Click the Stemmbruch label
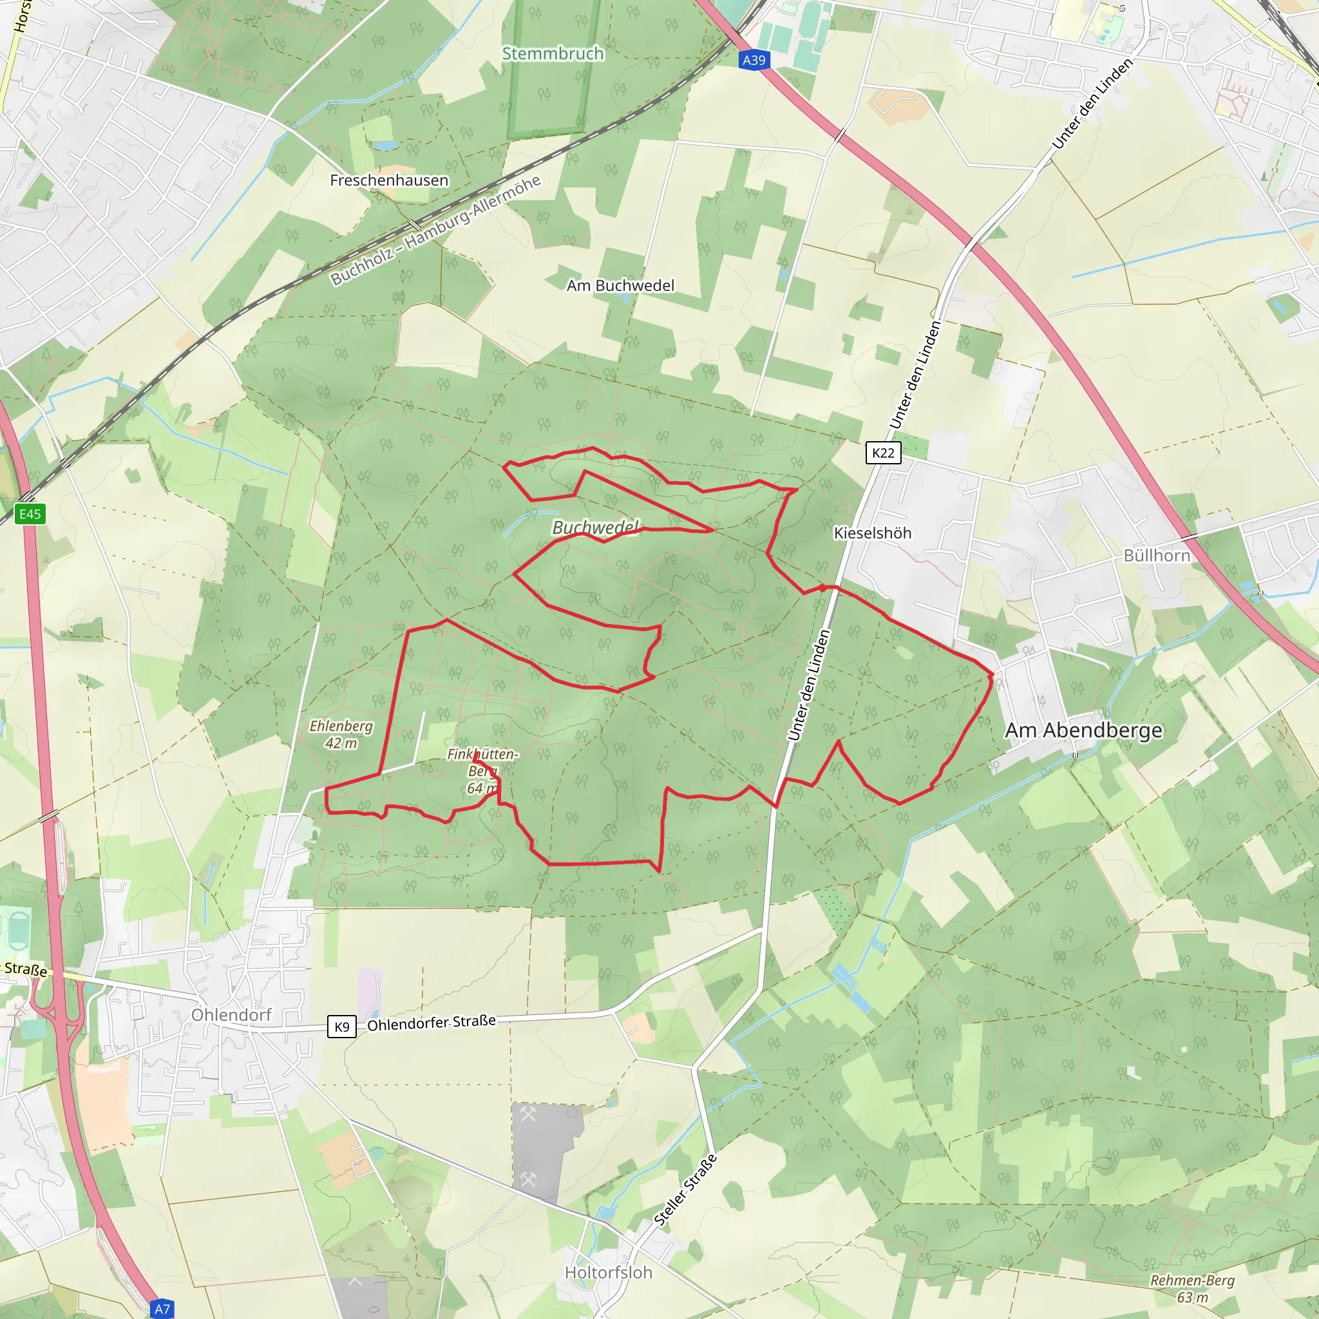point(553,53)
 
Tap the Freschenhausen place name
point(389,180)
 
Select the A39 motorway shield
point(754,60)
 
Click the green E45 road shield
point(30,514)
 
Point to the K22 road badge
point(883,453)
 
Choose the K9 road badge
point(341,1026)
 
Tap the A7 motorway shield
point(162,1309)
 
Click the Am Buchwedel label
point(620,285)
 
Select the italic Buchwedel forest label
point(595,527)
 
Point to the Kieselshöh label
point(873,533)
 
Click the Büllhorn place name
point(1157,556)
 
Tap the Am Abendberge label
point(1083,730)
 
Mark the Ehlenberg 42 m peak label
point(341,734)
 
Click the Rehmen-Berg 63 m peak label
point(1192,1288)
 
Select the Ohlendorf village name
point(231,1014)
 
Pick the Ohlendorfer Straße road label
point(432,1023)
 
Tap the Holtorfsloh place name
point(608,1272)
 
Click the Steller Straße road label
point(685,1190)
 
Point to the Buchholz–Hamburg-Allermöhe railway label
point(435,230)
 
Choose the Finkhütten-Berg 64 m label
point(482,771)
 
